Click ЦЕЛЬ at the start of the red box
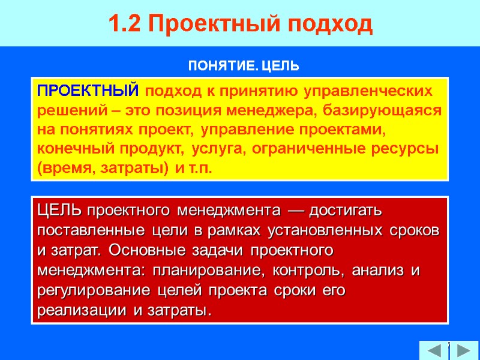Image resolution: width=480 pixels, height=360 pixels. pos(61,211)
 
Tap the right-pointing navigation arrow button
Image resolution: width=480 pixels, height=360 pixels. pos(463,350)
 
